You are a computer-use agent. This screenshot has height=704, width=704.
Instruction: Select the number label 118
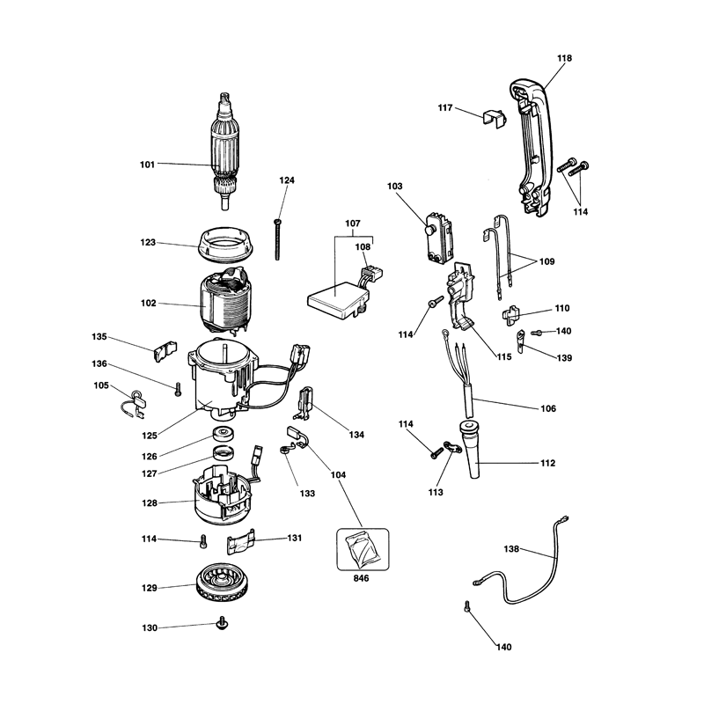tap(564, 58)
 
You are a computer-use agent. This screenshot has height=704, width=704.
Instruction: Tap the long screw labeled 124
tap(277, 239)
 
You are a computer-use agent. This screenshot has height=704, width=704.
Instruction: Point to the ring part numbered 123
tap(226, 245)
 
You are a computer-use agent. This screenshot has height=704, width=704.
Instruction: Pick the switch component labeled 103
tap(438, 237)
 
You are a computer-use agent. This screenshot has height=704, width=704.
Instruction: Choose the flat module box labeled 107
tap(339, 299)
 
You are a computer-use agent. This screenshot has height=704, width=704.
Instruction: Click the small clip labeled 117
tap(495, 116)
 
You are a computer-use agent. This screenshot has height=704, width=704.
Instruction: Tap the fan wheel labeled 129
tap(221, 583)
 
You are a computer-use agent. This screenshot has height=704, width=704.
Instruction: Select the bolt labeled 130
tap(221, 623)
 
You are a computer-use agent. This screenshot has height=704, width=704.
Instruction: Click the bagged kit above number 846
tap(363, 549)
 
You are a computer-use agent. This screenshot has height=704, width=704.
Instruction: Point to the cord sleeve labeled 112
tap(470, 449)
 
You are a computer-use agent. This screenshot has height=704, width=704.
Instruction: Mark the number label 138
tap(511, 548)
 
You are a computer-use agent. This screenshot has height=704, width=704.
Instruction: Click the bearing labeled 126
tap(224, 434)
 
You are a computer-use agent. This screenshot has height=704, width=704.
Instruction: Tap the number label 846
tap(361, 578)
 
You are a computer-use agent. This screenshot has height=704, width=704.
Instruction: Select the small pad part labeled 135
tap(165, 351)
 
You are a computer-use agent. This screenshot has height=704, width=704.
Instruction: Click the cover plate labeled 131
tap(240, 542)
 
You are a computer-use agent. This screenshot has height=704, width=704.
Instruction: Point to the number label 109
tap(546, 261)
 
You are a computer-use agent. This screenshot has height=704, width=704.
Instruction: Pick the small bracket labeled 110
tap(510, 315)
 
